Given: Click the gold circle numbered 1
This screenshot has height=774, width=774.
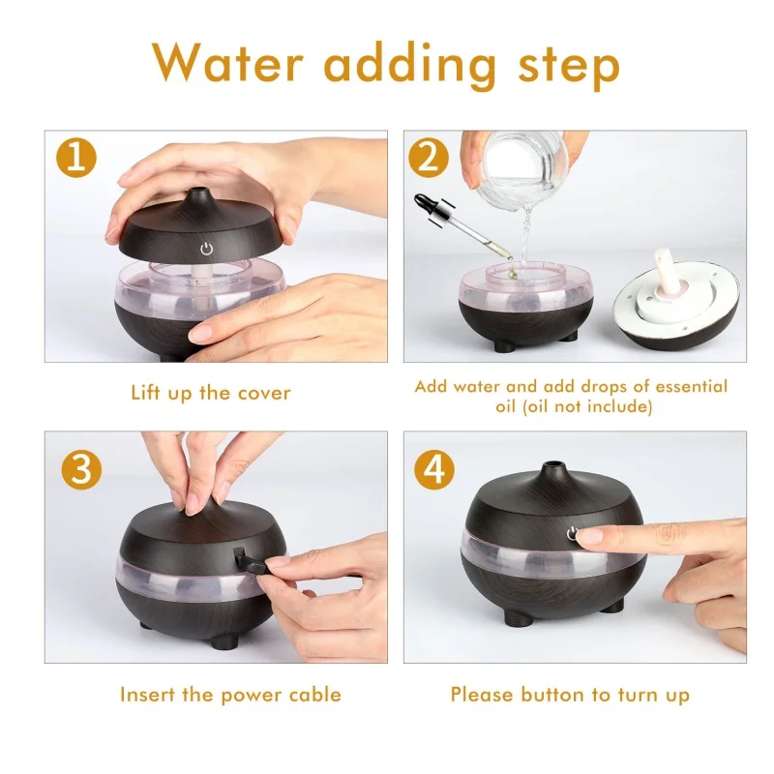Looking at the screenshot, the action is point(76,158).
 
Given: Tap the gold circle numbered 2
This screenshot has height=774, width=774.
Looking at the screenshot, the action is point(429,158).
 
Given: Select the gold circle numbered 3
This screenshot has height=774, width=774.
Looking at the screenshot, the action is point(81,469).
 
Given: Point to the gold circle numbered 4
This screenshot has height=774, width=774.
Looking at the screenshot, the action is point(434,469).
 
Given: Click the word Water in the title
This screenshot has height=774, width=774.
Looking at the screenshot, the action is point(227,62).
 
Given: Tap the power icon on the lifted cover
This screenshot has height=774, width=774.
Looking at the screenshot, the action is point(206,249).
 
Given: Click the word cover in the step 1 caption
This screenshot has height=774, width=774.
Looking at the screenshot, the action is point(264,394).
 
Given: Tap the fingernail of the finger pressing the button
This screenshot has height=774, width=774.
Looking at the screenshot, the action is point(590,536).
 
